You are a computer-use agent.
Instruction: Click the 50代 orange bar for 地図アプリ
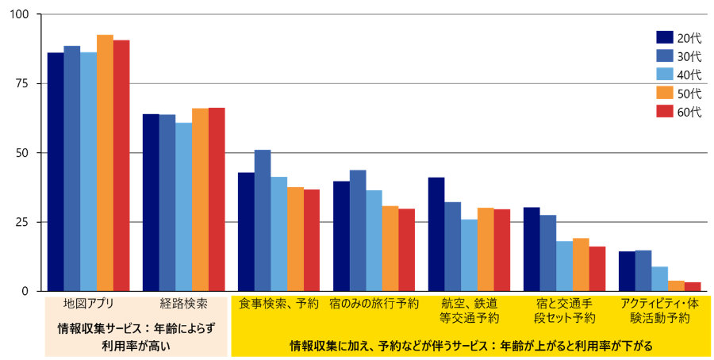[x=105, y=163]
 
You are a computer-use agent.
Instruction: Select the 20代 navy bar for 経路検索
[x=151, y=202]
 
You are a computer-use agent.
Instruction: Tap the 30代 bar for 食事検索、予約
[x=263, y=220]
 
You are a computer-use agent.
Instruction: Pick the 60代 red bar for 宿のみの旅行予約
[x=406, y=250]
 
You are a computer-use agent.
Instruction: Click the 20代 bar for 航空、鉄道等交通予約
[x=436, y=234]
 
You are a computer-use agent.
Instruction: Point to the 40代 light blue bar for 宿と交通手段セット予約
[x=564, y=266]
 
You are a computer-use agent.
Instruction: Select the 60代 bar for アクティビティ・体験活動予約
[x=693, y=286]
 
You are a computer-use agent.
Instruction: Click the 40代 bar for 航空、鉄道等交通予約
[x=469, y=255]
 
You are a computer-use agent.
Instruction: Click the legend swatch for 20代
[x=665, y=36]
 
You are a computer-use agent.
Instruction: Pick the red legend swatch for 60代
[x=665, y=112]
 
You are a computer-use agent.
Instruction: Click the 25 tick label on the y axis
[x=23, y=222]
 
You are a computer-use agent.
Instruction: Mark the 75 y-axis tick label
[x=23, y=84]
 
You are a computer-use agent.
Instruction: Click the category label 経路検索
[x=184, y=304]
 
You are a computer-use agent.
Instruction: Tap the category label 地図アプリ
[x=88, y=304]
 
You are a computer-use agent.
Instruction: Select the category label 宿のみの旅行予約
[x=374, y=304]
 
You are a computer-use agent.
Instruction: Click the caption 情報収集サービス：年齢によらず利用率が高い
[x=136, y=336]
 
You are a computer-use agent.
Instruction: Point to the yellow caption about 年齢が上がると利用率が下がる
[x=470, y=346]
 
